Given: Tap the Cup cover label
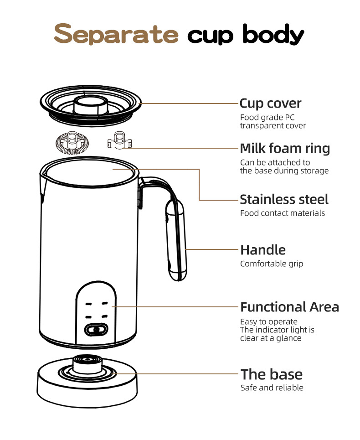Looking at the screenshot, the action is (x=270, y=104).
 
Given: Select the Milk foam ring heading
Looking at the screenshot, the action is (x=285, y=149).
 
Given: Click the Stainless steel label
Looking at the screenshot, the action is (x=284, y=199).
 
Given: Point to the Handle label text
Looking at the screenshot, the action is (x=263, y=250).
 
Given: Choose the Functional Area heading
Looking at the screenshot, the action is (x=289, y=307).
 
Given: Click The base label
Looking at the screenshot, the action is (x=272, y=374).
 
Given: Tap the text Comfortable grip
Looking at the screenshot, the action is (x=271, y=264).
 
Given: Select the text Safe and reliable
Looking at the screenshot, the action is (x=272, y=388).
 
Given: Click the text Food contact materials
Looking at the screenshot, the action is (x=283, y=213).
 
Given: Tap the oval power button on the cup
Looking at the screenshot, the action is (x=95, y=329).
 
